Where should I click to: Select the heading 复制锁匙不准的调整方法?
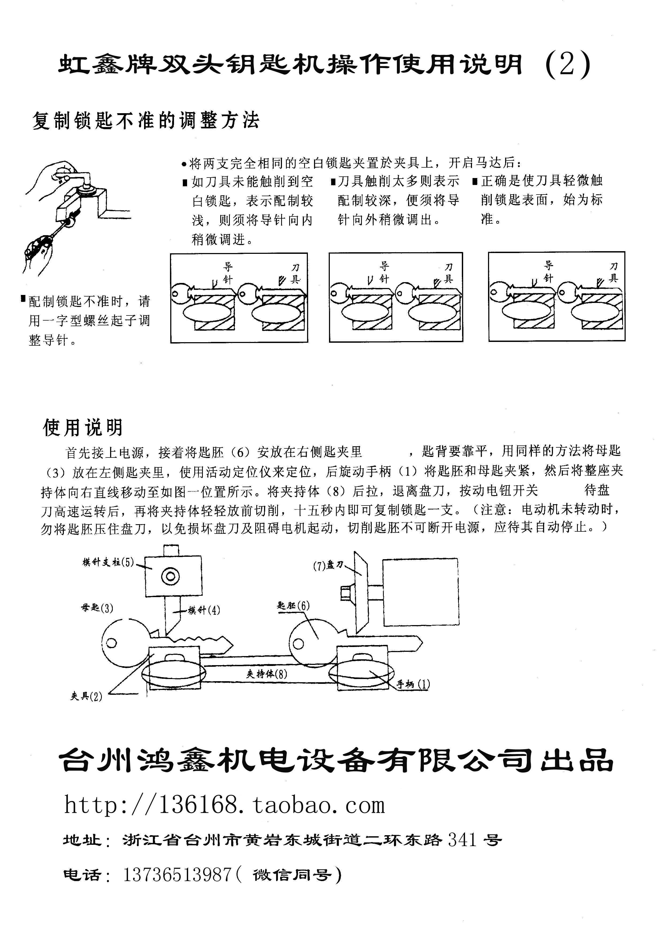tap(146, 121)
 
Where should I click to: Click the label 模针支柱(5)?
tap(108, 563)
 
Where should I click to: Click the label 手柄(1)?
tap(413, 684)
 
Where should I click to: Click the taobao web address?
tap(224, 806)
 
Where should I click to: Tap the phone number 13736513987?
tap(177, 874)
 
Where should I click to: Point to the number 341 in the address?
tap(462, 840)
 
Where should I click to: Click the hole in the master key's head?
tap(111, 643)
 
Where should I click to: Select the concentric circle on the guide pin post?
tap(171, 576)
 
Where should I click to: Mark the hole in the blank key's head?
tap(298, 644)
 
